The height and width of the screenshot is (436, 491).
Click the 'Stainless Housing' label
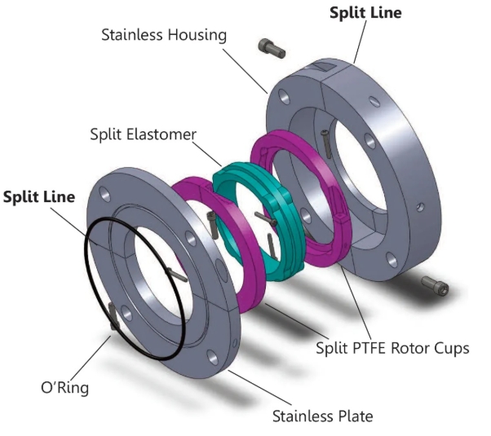[164, 34]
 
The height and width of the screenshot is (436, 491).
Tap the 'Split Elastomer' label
[143, 134]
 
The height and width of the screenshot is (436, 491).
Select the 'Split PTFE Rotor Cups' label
[392, 348]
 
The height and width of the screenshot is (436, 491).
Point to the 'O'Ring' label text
[64, 387]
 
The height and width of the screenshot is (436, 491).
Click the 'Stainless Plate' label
[322, 416]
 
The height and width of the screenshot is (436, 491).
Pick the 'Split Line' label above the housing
[365, 13]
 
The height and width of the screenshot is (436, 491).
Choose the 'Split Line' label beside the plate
[39, 197]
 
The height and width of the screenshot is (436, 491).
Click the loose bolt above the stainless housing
[272, 48]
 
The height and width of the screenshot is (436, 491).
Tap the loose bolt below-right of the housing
[435, 285]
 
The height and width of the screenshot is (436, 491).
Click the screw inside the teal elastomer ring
[266, 218]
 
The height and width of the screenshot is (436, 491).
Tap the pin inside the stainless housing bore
[325, 144]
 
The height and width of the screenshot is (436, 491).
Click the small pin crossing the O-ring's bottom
[113, 316]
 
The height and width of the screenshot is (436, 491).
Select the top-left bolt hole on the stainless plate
[104, 195]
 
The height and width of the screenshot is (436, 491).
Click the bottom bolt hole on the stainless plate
[212, 358]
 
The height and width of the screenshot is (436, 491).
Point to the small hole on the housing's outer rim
[421, 207]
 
